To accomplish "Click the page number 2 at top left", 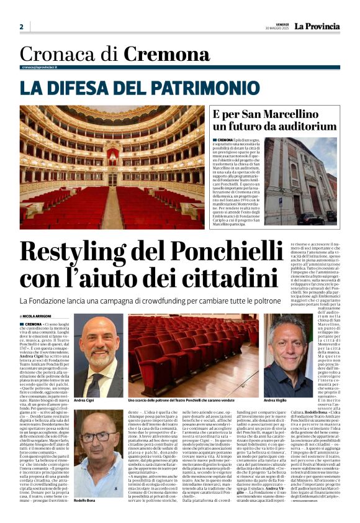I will coord(21,27).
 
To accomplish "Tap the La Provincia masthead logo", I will coord(317,26).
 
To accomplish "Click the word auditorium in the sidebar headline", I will coord(302,127).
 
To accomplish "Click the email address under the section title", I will coord(39,67).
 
